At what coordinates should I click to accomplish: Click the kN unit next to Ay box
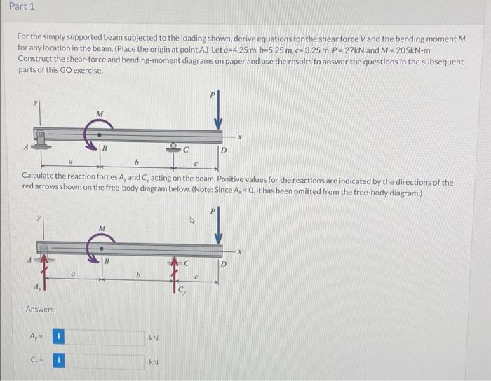tap(154, 338)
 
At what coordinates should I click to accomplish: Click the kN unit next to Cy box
tap(154, 363)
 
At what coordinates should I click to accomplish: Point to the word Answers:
tap(41, 309)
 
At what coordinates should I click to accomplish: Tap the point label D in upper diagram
tap(224, 150)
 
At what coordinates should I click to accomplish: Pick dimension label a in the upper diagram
tap(71, 162)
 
